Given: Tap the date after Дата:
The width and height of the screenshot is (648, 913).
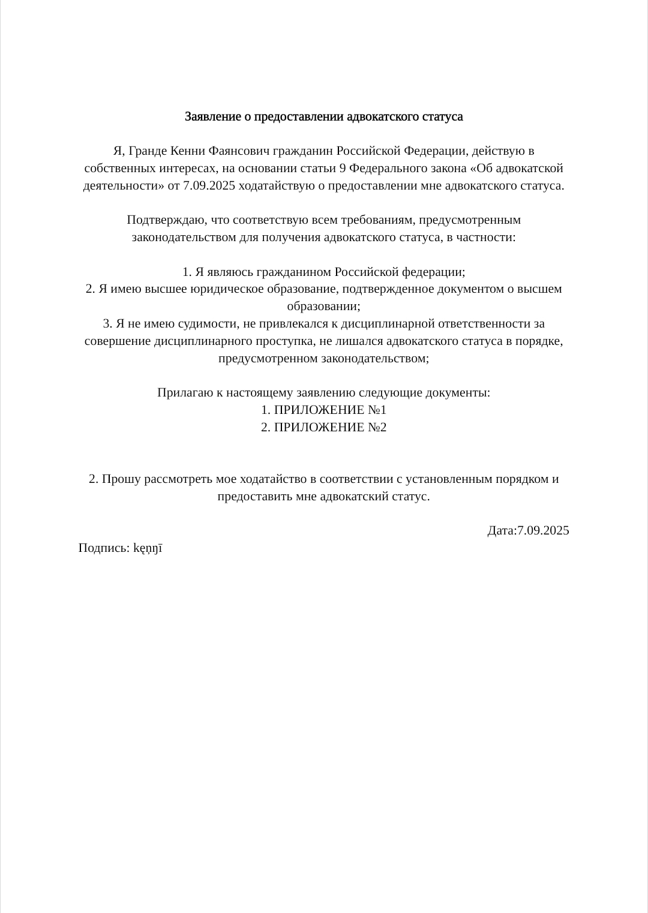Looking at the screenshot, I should coord(543,531).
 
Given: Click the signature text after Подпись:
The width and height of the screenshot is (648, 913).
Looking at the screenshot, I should coord(148,548).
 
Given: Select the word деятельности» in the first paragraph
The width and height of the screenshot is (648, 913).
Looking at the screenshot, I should coord(124,185).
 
